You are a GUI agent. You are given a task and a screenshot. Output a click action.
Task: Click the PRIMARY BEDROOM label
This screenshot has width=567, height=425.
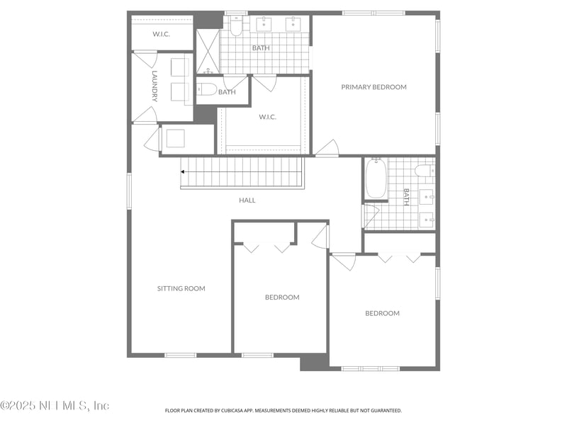click(374, 87)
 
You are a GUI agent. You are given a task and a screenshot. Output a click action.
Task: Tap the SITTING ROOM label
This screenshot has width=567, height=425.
click(181, 288)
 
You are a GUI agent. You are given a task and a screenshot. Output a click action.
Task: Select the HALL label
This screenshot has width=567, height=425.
click(247, 200)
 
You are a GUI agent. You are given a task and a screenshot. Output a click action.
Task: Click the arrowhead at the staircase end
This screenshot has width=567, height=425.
click(184, 171)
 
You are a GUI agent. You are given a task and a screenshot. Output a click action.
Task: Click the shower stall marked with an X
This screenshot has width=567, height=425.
click(208, 51)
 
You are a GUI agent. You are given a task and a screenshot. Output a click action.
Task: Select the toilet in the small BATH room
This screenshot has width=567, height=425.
click(206, 89)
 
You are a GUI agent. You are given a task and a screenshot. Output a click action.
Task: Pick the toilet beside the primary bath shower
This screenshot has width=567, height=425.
click(236, 25)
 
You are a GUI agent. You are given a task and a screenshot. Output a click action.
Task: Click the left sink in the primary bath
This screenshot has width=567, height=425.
click(264, 24)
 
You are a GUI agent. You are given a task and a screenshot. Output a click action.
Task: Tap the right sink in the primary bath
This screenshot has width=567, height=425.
click(293, 24)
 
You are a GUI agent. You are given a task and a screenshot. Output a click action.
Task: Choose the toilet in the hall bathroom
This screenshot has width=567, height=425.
click(425, 170)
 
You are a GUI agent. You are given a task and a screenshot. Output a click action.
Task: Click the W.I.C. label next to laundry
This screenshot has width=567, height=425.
click(162, 34)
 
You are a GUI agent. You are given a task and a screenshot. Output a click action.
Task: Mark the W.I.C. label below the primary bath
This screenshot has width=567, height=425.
click(267, 117)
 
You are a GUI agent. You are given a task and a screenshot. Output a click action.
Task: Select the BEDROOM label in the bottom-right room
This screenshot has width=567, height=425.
click(382, 313)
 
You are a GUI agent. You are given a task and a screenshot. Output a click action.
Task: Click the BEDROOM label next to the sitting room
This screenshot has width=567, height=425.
click(282, 297)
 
